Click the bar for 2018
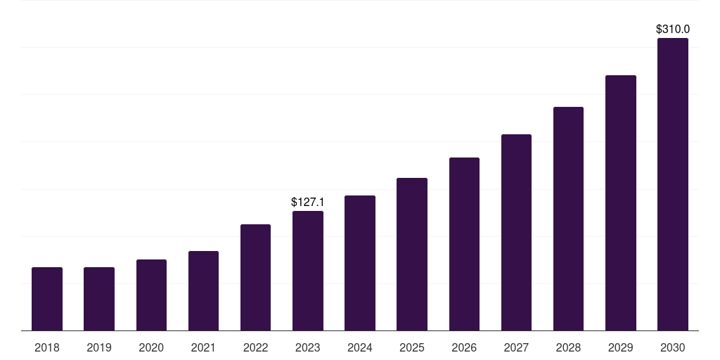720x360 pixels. [47, 299]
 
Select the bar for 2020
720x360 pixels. [151, 295]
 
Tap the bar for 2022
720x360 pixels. [255, 278]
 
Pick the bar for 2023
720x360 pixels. [308, 271]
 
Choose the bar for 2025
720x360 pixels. [412, 255]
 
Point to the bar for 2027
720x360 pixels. [516, 233]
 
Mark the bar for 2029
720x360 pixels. [621, 203]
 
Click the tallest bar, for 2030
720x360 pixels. [673, 184]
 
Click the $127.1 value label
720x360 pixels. [308, 202]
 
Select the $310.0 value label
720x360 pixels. [673, 30]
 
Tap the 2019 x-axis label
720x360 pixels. [99, 347]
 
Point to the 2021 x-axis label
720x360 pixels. [203, 347]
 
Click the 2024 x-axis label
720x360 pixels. [360, 347]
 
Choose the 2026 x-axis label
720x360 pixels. [464, 347]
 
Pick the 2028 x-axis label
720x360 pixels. [568, 347]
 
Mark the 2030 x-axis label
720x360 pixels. [673, 347]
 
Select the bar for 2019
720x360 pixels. [99, 299]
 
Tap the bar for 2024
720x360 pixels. [360, 263]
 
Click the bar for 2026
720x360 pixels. [464, 244]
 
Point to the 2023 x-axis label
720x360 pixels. [308, 347]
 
